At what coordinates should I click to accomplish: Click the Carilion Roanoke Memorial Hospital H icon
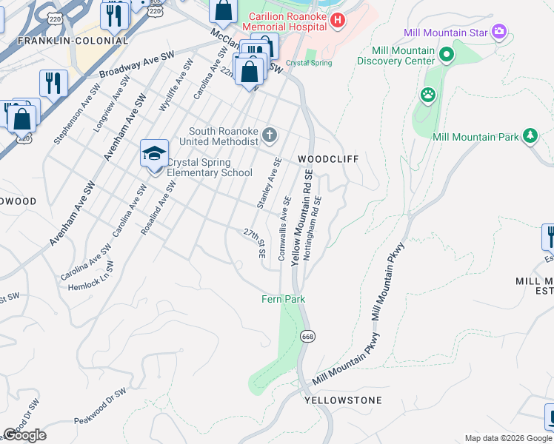tap(337, 20)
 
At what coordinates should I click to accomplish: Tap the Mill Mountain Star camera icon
tap(500, 32)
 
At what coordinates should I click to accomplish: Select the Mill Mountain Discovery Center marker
tap(447, 55)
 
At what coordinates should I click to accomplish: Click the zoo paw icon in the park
tap(428, 95)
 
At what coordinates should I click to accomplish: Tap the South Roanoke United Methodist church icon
tap(270, 135)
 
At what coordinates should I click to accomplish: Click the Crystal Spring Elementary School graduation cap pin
tap(154, 155)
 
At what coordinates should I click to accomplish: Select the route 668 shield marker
tap(307, 336)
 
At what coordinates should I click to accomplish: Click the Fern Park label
tap(283, 299)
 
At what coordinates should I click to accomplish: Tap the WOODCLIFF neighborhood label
tap(323, 159)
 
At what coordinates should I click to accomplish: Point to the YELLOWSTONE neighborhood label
tap(343, 400)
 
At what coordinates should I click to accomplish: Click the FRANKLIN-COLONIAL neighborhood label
tap(62, 41)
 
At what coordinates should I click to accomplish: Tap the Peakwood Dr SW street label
tap(100, 406)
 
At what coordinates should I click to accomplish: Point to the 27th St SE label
tap(255, 242)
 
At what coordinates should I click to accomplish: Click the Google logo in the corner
tap(24, 435)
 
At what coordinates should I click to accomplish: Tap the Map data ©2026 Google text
tap(508, 438)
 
